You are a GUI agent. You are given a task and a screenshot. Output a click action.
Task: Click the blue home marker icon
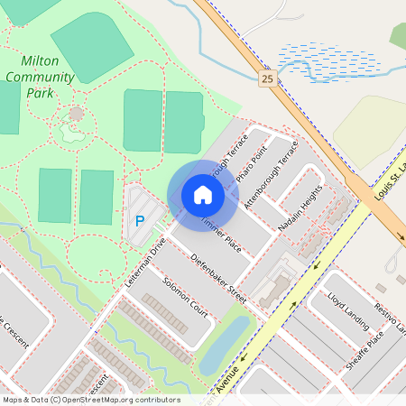pos(202,194)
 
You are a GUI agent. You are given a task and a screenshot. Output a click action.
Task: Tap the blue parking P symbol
pos(140,220)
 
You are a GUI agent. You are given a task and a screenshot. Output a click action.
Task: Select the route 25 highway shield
pos(267,79)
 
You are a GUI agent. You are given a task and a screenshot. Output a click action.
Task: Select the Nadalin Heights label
pos(300,209)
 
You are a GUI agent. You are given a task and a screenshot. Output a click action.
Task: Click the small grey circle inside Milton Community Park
pos(76,114)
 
